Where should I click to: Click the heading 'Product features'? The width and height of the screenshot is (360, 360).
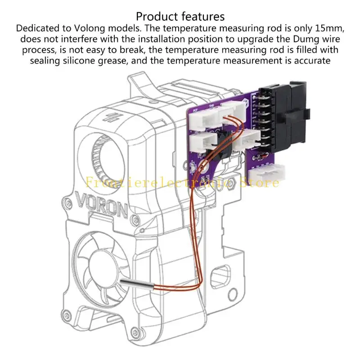click(x=180, y=17)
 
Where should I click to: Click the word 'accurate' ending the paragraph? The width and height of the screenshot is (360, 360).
click(x=309, y=61)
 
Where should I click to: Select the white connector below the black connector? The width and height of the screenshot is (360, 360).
click(x=268, y=173)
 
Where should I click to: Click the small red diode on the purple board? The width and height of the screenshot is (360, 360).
click(x=260, y=156)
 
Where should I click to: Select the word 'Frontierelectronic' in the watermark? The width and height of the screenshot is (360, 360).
click(x=153, y=182)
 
